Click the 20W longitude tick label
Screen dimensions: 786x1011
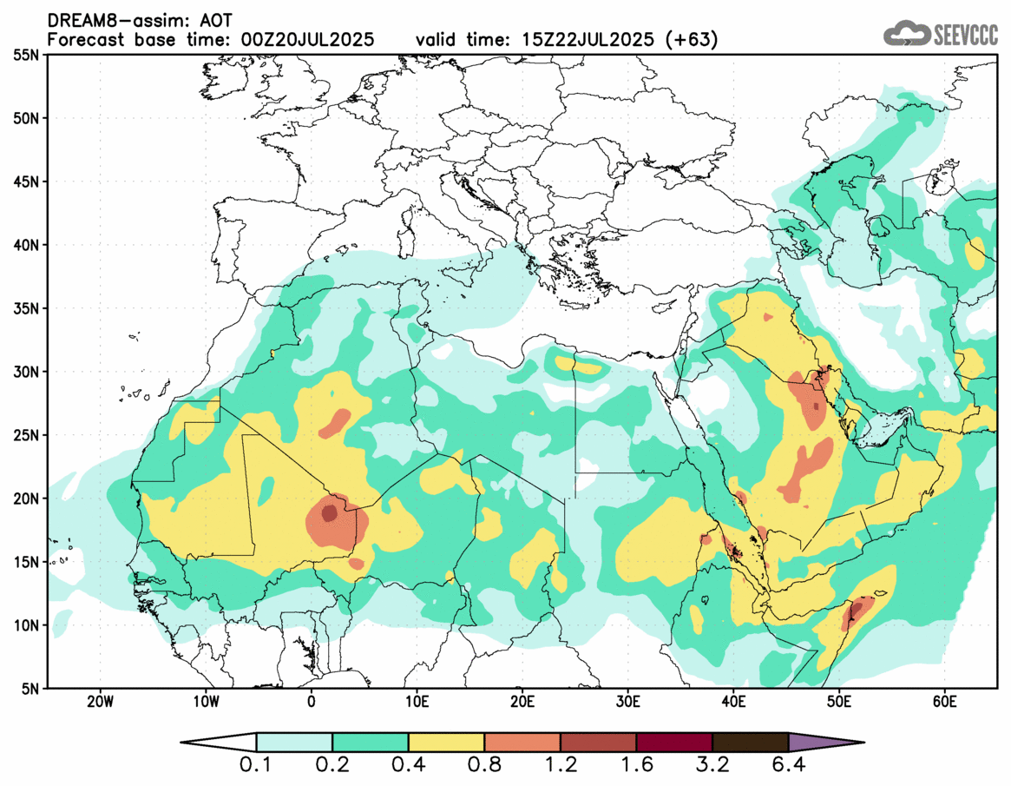100,701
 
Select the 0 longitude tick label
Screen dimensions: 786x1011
312,701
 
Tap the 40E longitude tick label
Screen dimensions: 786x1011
734,701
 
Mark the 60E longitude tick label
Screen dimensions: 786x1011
945,701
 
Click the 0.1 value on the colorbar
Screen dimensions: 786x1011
257,767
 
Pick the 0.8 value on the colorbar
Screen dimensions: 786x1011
484,767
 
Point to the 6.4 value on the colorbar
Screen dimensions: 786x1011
788,767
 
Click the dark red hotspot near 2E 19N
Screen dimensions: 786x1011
329,513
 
